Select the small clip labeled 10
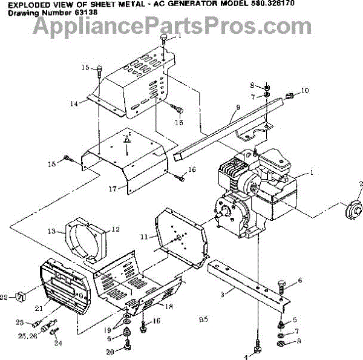point(289,95)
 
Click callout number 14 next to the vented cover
point(73,103)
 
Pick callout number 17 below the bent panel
point(112,189)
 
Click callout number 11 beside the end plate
point(143,236)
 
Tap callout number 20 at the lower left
point(110,352)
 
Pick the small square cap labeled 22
point(20,296)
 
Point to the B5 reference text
point(203,319)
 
